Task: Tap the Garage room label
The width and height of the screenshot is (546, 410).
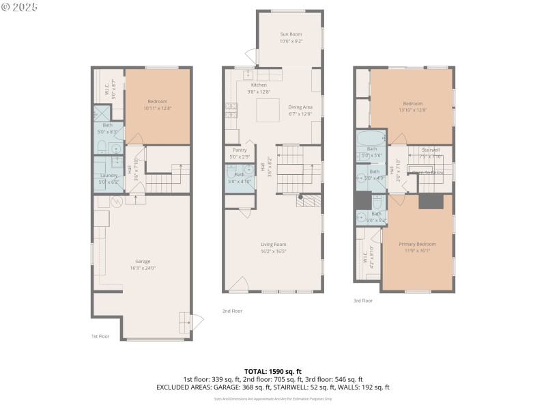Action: pos(142,261)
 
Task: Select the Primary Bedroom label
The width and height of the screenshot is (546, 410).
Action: pos(417,244)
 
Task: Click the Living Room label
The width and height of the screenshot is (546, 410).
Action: pos(273,244)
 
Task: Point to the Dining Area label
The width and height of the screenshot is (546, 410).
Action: pos(300,107)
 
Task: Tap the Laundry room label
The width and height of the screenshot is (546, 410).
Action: pos(109,176)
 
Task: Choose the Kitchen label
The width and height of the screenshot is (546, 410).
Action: pos(259,85)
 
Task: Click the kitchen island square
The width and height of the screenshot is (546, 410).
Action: pos(268,109)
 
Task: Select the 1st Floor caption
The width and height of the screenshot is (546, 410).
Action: pos(100,336)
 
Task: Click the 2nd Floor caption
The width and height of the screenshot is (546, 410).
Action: pos(232,311)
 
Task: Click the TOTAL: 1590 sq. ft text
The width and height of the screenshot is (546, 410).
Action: pos(272,371)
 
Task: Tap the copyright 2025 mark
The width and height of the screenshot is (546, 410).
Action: pos(20,7)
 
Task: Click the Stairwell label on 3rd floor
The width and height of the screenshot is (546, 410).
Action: pos(431,149)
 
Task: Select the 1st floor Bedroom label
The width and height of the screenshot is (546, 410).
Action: pos(157,102)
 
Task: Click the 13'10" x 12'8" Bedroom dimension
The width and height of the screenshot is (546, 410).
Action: pos(412,109)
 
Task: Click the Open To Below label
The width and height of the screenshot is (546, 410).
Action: pos(427,172)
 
